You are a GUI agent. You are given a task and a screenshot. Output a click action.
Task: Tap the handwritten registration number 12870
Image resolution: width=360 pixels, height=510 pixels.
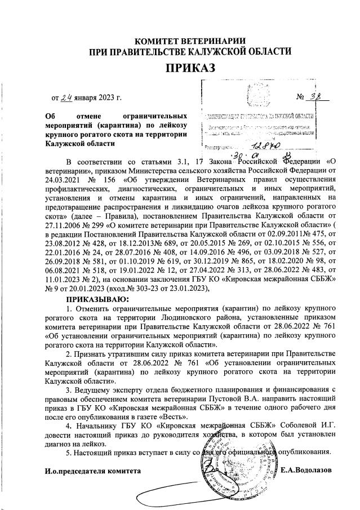coord(252,145)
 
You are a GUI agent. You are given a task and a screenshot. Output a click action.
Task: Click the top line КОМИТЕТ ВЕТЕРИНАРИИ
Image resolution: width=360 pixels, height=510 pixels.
coord(190,41)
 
